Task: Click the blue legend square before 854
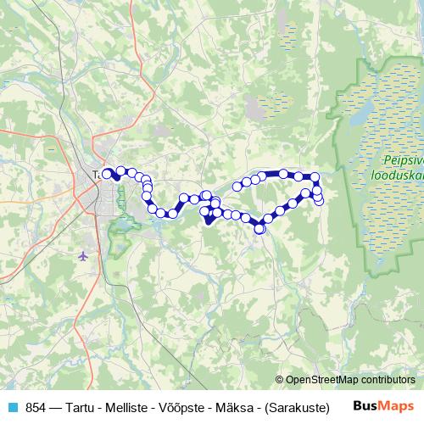(x=12, y=406)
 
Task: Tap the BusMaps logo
(x=384, y=406)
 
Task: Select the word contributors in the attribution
(x=388, y=380)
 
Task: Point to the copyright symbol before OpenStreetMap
(x=281, y=380)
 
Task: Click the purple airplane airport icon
(x=82, y=254)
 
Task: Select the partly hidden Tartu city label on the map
(x=96, y=175)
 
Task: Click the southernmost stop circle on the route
(x=259, y=228)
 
